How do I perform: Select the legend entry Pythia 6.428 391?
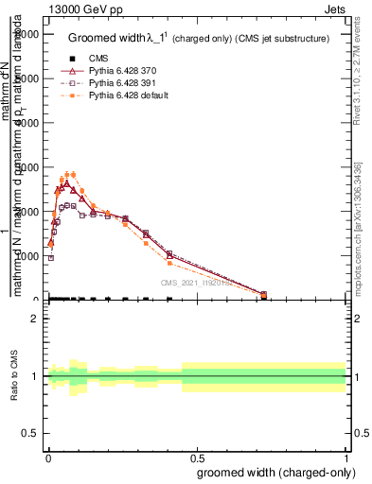114,82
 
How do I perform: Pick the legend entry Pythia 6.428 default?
117,95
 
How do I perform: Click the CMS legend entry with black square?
85,58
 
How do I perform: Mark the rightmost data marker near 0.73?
263,295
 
